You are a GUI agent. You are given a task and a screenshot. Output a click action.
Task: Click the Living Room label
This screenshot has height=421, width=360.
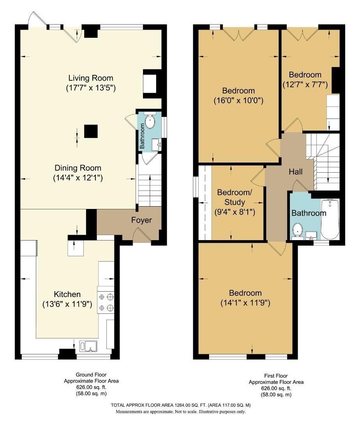pos(91,78)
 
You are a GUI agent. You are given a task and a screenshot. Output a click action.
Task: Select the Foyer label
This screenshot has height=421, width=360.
pos(141,220)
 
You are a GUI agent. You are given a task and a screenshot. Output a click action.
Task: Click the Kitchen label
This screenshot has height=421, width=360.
pos(67,294)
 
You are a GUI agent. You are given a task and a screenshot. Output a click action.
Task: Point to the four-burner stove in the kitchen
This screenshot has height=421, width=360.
pos(106,302)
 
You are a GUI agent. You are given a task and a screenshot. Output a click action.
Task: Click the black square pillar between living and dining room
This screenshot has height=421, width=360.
pos(91,131)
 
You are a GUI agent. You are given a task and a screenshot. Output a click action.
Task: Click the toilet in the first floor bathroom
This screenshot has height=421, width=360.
pos(298,230)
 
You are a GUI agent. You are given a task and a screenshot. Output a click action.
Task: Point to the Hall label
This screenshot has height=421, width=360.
pos(296,172)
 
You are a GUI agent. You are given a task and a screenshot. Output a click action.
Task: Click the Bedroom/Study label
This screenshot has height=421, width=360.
pos(231,197)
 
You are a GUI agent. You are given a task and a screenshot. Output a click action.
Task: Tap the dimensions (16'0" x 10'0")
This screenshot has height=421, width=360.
pos(239,100)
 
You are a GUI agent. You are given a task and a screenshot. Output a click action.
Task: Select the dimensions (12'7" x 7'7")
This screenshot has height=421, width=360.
pos(305,84)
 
